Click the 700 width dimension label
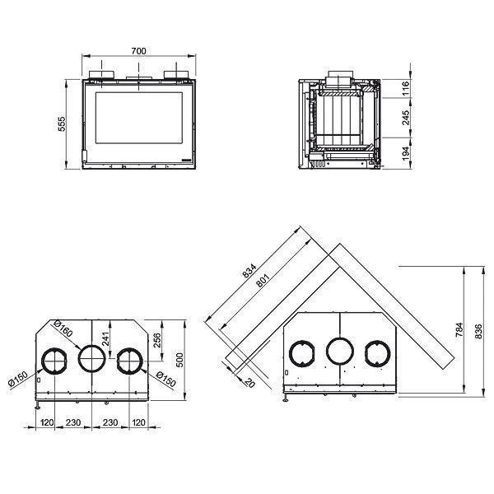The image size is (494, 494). pos(139,52)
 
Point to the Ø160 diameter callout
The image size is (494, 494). pos(62,327)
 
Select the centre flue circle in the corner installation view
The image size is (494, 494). pos(340,352)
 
